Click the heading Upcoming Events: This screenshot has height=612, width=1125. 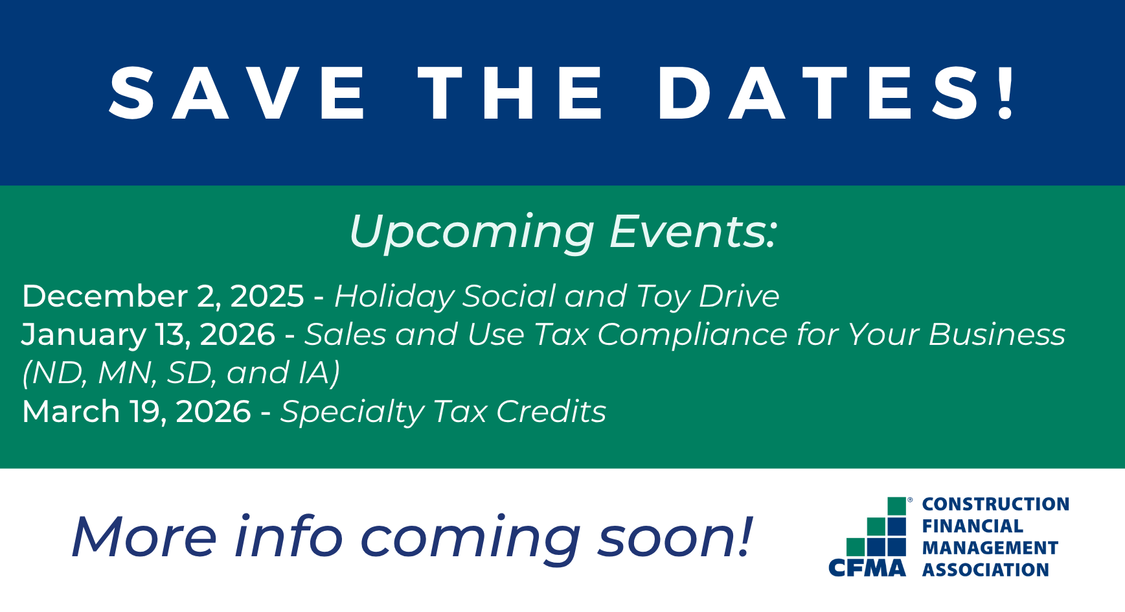tap(562, 232)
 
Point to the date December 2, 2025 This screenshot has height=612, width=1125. tap(163, 296)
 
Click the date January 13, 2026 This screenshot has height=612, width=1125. tap(149, 335)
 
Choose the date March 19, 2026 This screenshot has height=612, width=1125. tap(137, 412)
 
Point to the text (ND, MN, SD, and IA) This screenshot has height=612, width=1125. tap(181, 373)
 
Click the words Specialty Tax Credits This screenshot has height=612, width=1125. tap(443, 412)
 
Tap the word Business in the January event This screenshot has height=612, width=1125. tap(997, 335)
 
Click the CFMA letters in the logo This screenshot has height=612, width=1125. tap(868, 569)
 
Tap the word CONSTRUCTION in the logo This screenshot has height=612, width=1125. tap(995, 504)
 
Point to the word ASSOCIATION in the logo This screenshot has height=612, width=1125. tap(985, 570)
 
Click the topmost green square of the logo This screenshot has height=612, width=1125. tap(896, 506)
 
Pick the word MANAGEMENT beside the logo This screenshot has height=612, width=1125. tap(990, 548)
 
